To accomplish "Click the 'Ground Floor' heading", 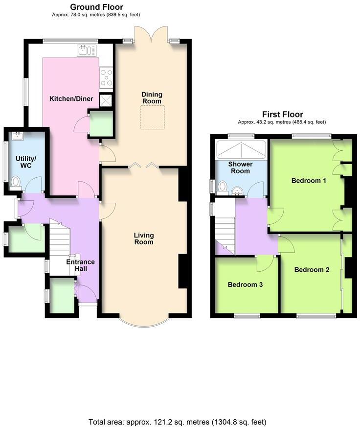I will click(96, 7).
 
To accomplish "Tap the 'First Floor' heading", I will click(282, 114).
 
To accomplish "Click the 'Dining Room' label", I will click(152, 97).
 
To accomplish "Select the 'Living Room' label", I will click(144, 238).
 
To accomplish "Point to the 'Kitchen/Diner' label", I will click(71, 99).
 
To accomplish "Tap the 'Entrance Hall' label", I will click(80, 265).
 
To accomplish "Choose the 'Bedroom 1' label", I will click(309, 181).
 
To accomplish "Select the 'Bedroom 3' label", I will click(246, 285).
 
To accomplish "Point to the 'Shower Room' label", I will click(240, 167).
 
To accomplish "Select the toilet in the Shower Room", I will click(223, 187).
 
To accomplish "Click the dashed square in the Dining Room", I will click(152, 118).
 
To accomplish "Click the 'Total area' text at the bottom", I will click(177, 422).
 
